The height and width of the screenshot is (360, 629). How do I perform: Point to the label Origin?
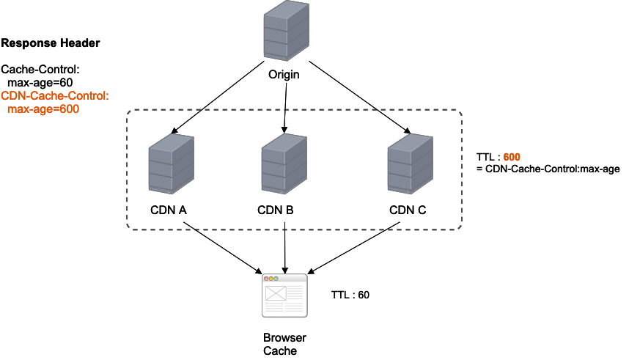coord(284,75)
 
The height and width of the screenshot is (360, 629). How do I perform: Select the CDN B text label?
coord(276,210)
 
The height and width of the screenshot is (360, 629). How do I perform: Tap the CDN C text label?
coord(407,210)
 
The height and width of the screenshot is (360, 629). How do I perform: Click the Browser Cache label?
coord(284,345)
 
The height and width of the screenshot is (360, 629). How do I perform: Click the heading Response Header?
coord(51,43)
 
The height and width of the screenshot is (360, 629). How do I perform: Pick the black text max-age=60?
coord(41,82)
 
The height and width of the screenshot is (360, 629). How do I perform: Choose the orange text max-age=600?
coord(43,109)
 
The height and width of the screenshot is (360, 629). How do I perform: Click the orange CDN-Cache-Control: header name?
coord(55,95)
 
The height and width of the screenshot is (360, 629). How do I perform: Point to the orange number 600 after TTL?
coord(512,157)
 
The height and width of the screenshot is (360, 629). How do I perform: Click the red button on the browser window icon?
coord(267,279)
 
